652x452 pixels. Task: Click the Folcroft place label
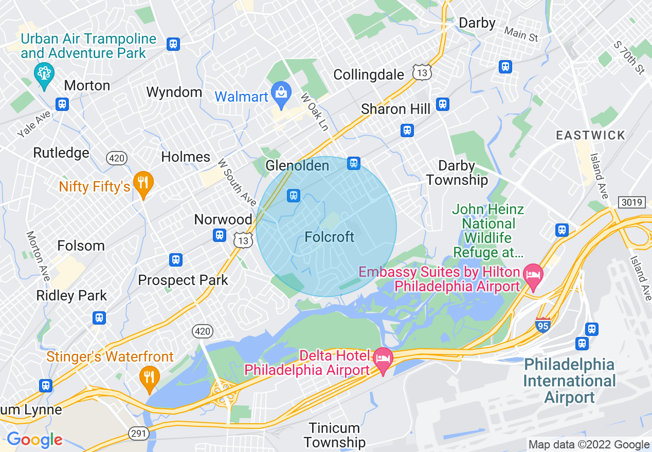(x=330, y=237)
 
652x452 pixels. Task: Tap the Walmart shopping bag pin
(x=281, y=95)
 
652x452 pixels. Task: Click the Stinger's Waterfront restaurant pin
(x=149, y=377)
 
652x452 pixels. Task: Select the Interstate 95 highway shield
(x=543, y=324)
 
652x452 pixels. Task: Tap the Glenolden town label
(x=297, y=165)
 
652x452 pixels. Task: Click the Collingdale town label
(x=369, y=75)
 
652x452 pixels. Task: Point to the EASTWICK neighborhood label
(x=591, y=136)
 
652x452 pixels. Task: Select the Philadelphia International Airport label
(x=569, y=381)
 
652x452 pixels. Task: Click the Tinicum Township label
(x=334, y=435)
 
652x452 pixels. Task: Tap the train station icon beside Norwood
(x=220, y=235)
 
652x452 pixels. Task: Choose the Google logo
(x=34, y=440)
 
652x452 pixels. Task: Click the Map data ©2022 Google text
(x=589, y=445)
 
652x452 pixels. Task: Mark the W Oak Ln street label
(x=314, y=111)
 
